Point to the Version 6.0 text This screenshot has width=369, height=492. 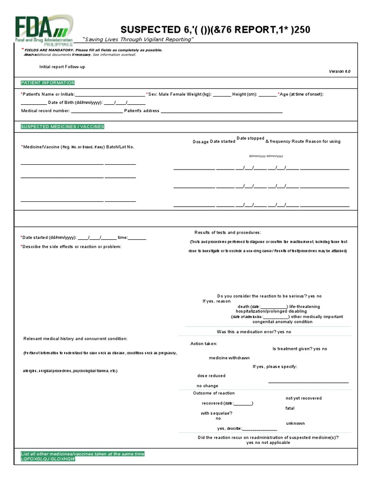(x=339, y=71)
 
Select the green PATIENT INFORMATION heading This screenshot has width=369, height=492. (x=48, y=83)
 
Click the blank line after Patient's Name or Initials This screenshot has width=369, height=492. (x=110, y=95)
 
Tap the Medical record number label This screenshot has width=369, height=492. (x=46, y=111)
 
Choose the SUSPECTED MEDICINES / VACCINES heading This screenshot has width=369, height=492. (x=62, y=126)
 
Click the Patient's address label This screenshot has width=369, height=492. (x=141, y=111)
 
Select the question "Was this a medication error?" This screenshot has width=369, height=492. (x=246, y=332)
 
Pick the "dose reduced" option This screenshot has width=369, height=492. (x=211, y=376)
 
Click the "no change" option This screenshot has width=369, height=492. (x=207, y=386)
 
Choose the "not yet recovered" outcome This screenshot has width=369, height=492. (x=304, y=398)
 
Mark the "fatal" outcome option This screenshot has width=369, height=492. (x=290, y=408)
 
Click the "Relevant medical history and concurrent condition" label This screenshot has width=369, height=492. (x=75, y=339)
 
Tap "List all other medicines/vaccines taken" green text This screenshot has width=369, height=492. (x=82, y=454)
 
